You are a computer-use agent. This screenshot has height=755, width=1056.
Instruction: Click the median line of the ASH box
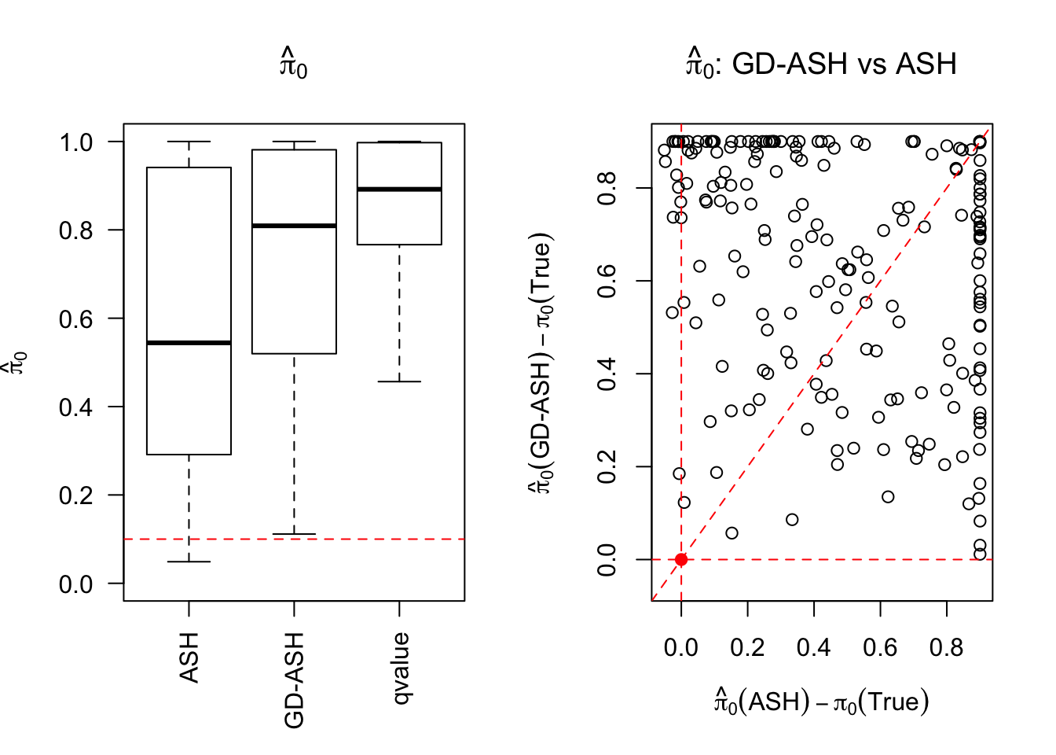pos(189,343)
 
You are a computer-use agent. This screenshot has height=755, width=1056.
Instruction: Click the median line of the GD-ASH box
pos(294,226)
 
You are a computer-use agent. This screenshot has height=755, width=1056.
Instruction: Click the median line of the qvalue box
pos(399,190)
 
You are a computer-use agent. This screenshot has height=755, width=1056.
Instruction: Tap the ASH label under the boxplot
pos(189,657)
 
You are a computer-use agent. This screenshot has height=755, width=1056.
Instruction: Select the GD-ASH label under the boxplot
pos(294,680)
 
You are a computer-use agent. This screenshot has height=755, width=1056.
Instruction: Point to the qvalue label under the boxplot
pos(400,668)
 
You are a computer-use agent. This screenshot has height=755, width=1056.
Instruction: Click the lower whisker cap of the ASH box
pos(189,562)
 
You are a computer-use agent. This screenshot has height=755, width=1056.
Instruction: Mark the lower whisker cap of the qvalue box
pos(399,381)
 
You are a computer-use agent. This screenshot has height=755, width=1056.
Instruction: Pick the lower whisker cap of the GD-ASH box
pos(294,535)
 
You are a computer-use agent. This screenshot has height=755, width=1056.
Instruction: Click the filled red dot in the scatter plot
pos(681,559)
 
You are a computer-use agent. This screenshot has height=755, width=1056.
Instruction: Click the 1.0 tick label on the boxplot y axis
pos(76,142)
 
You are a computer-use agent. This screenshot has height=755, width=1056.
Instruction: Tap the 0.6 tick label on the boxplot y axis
pos(76,319)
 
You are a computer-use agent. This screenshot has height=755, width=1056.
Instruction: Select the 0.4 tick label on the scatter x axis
pos(814,647)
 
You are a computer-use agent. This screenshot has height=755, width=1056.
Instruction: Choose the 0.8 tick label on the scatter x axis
pos(947,647)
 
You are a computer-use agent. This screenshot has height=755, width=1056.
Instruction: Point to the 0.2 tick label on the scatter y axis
pos(607,466)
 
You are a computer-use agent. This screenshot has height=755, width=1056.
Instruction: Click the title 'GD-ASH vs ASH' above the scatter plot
pos(822,63)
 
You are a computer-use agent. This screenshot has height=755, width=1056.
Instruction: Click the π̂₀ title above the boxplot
pos(294,64)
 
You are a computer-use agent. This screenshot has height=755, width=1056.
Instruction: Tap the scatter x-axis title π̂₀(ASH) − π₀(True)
pos(822,700)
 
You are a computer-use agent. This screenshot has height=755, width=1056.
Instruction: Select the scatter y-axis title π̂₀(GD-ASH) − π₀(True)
pos(541,363)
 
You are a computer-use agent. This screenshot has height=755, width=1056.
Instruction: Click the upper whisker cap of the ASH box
pos(189,142)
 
